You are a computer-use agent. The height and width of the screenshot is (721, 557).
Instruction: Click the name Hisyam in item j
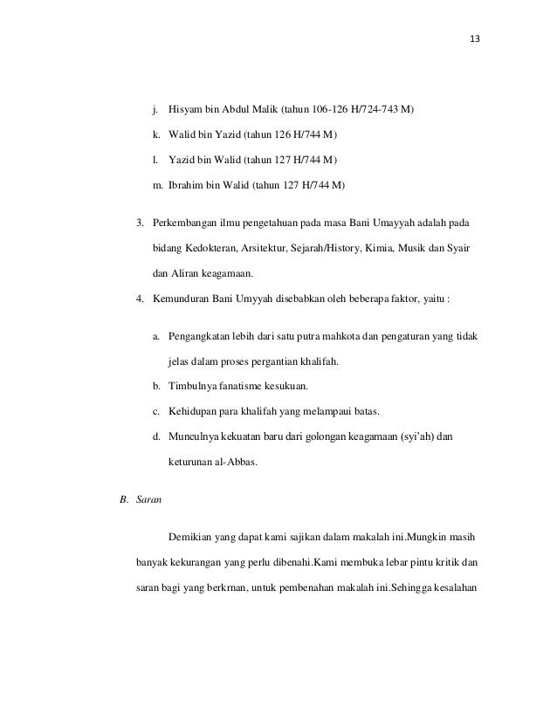(185, 111)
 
